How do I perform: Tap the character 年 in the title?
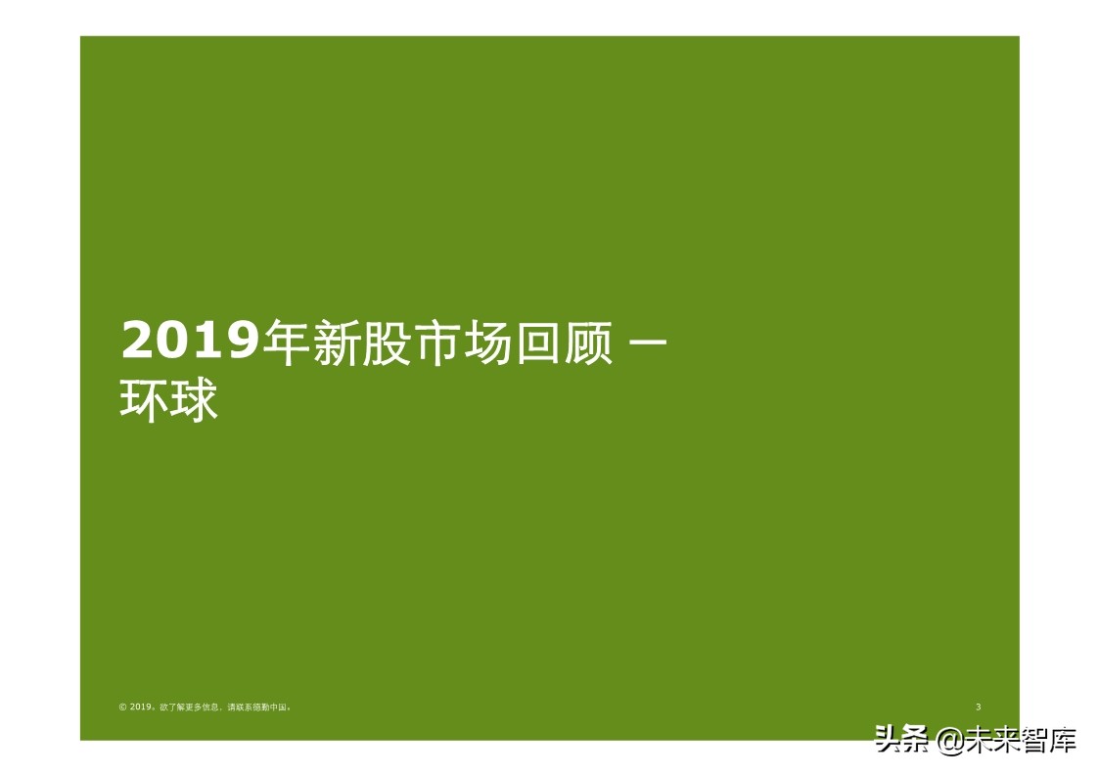coord(289,343)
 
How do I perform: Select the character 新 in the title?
coord(339,343)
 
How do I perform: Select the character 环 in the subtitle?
coord(144,401)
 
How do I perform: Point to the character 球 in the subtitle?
coord(194,401)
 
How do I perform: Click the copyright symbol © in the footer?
coord(122,707)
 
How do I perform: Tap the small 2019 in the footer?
coord(141,707)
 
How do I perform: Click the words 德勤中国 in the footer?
coord(273,707)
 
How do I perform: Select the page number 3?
coord(979,707)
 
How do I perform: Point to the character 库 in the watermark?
coord(1063,739)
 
